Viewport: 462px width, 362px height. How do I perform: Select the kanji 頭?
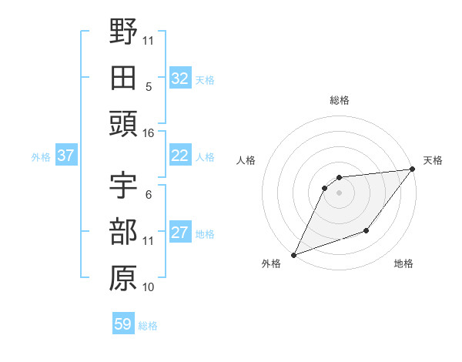click(x=123, y=124)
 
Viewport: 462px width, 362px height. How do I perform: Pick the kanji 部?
click(x=123, y=232)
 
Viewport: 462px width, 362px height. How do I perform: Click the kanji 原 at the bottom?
click(x=123, y=278)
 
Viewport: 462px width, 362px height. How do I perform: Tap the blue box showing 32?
click(x=180, y=79)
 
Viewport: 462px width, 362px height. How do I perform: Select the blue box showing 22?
click(x=180, y=156)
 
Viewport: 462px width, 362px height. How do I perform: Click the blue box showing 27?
click(x=180, y=233)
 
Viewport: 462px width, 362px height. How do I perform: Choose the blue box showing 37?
click(x=65, y=156)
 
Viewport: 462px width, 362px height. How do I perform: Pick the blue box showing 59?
click(x=122, y=324)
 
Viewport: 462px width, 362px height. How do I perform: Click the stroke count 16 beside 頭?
click(x=148, y=133)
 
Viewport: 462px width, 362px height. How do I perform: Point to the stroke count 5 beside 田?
click(x=148, y=86)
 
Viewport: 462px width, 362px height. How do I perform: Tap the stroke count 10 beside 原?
click(x=148, y=287)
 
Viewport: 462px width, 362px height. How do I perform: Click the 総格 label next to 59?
click(x=148, y=326)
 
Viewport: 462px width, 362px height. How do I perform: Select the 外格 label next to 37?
click(x=41, y=157)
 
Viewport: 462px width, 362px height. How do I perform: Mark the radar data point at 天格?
click(x=413, y=169)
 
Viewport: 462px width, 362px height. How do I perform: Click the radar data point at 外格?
click(x=293, y=254)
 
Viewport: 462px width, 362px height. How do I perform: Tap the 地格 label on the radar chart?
click(x=403, y=264)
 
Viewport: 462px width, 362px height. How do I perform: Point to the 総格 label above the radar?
click(x=339, y=100)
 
